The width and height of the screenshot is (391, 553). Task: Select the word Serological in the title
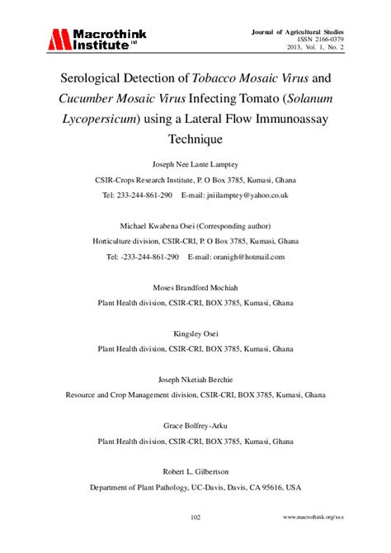(97, 80)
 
